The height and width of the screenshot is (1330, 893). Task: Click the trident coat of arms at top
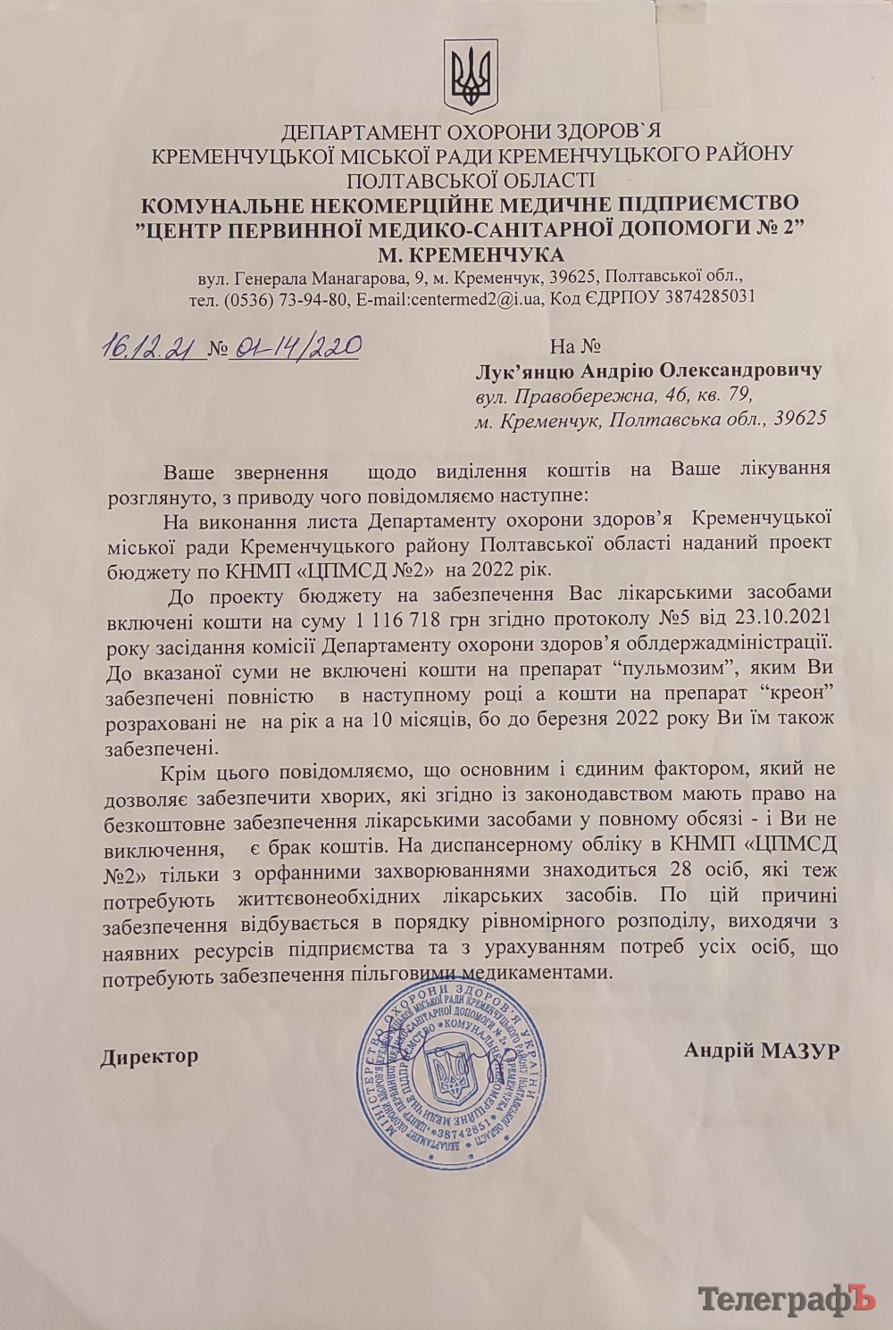click(468, 77)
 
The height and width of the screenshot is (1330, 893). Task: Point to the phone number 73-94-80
click(314, 298)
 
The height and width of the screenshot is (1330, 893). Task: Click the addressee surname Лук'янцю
click(533, 370)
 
